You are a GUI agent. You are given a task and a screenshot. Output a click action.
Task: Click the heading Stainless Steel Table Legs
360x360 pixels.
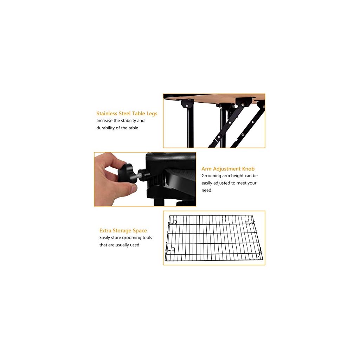tap(127, 114)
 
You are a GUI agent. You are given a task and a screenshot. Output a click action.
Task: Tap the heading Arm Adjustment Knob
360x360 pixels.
tap(228, 169)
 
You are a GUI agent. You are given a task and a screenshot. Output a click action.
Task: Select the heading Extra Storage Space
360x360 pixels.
tap(123, 231)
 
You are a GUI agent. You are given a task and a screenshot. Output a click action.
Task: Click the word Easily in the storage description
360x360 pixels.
tap(106, 238)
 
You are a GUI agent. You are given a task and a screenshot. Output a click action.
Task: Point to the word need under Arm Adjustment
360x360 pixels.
tap(206, 190)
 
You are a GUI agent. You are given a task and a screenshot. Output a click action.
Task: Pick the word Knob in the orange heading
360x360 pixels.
tap(248, 169)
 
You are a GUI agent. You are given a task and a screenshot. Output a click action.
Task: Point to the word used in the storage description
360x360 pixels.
tap(134, 245)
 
